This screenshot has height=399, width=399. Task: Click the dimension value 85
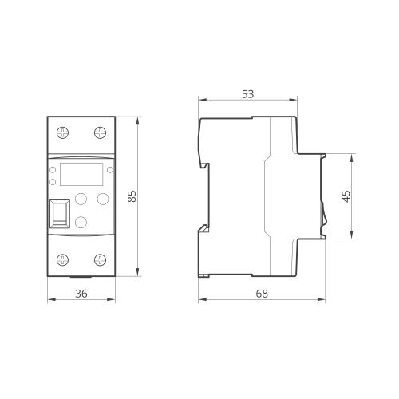point(132,196)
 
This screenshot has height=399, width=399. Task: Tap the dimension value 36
point(81,294)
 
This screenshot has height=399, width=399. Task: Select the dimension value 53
point(248,94)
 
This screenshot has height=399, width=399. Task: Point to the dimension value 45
point(346,196)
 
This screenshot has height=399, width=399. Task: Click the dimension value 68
point(262,294)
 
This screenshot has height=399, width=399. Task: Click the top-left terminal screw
point(63,132)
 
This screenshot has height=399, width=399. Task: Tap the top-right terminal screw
point(101,132)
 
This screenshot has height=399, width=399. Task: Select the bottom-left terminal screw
point(63,259)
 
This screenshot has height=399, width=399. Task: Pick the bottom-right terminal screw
point(101,259)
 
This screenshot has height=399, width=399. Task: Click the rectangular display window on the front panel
point(81,174)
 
